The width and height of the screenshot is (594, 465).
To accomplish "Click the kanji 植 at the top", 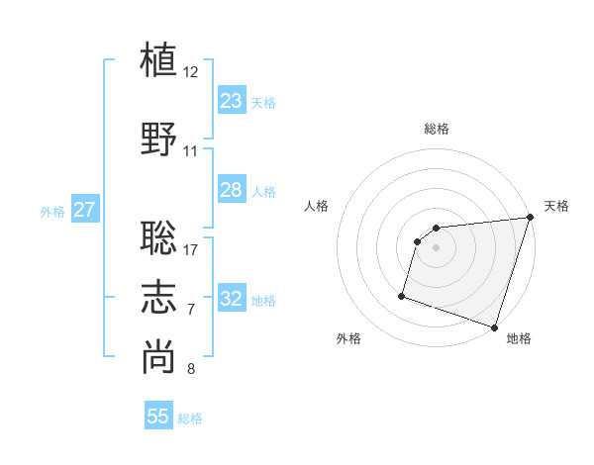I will point(158,59).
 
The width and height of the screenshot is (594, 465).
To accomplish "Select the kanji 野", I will point(158,139).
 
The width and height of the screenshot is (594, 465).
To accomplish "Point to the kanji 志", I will point(158,297).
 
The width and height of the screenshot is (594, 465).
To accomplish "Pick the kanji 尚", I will point(158,357).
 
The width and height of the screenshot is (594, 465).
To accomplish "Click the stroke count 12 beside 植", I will point(191,72).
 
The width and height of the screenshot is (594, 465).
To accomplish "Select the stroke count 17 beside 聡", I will point(191,248).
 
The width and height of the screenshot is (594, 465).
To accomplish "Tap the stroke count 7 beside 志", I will point(191,310).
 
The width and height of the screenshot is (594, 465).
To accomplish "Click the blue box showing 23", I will point(232,101).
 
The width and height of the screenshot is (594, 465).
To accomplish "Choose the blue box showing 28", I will point(232,190).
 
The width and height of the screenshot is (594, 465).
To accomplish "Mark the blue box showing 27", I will point(84,210).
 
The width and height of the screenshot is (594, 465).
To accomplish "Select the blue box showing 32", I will point(232,299).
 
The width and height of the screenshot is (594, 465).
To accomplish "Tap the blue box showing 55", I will point(158,417).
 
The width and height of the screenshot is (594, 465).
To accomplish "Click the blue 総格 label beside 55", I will point(190,418).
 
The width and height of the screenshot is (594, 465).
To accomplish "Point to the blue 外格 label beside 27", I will point(52,211).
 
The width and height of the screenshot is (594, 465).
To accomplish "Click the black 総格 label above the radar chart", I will point(437,129).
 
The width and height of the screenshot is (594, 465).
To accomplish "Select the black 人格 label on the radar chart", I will point(317,206).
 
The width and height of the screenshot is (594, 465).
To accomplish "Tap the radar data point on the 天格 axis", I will point(530,218).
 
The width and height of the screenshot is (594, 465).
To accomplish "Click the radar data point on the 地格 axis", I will point(494,326).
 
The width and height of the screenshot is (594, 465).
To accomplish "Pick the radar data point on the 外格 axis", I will point(402,295).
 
